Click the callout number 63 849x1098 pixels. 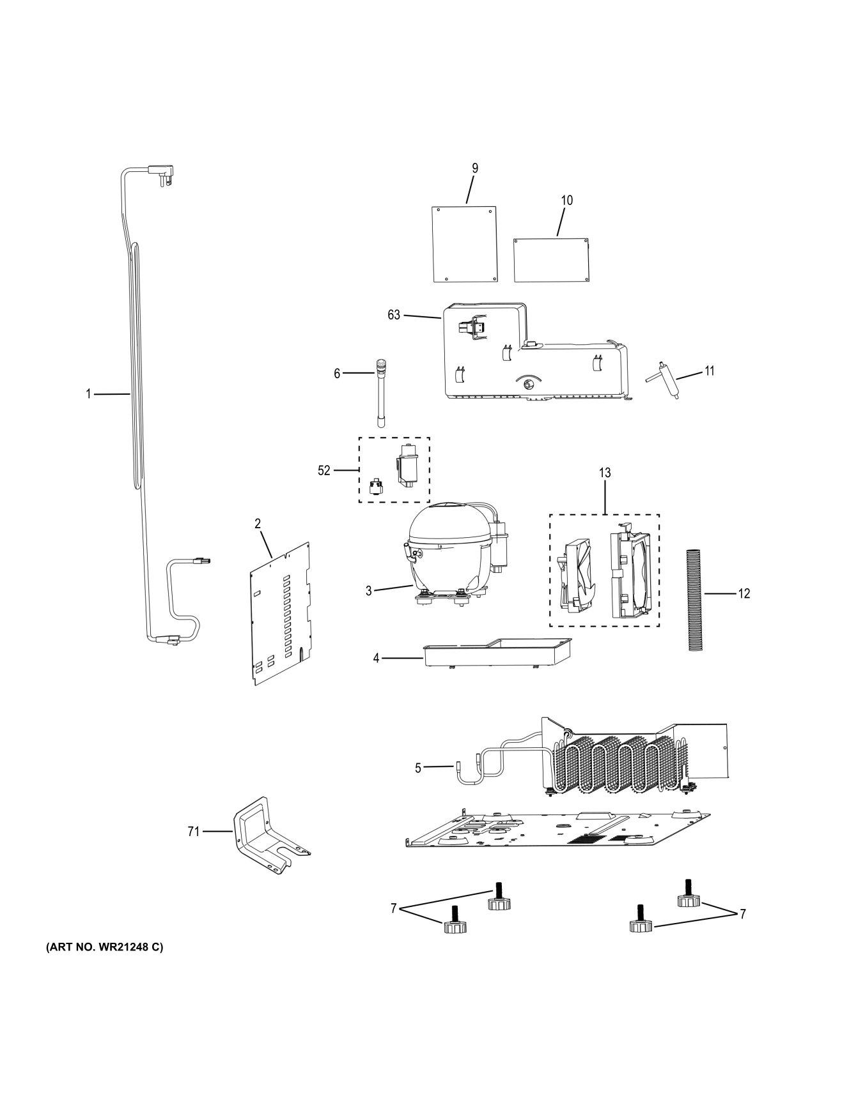click(393, 315)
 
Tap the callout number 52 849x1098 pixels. click(324, 471)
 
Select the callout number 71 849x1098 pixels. click(193, 832)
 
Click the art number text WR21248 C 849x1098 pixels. click(104, 947)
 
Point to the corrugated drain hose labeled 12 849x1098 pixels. click(694, 599)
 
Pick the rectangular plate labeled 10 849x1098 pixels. click(551, 260)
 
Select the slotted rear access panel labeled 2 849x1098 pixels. click(280, 613)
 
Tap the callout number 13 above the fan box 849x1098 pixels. click(604, 473)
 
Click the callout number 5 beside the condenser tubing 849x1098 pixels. click(418, 768)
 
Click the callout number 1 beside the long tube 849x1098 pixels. click(89, 394)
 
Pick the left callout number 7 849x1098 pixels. click(394, 908)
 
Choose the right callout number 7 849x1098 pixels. click(742, 915)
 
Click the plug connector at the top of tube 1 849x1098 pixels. click(161, 172)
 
